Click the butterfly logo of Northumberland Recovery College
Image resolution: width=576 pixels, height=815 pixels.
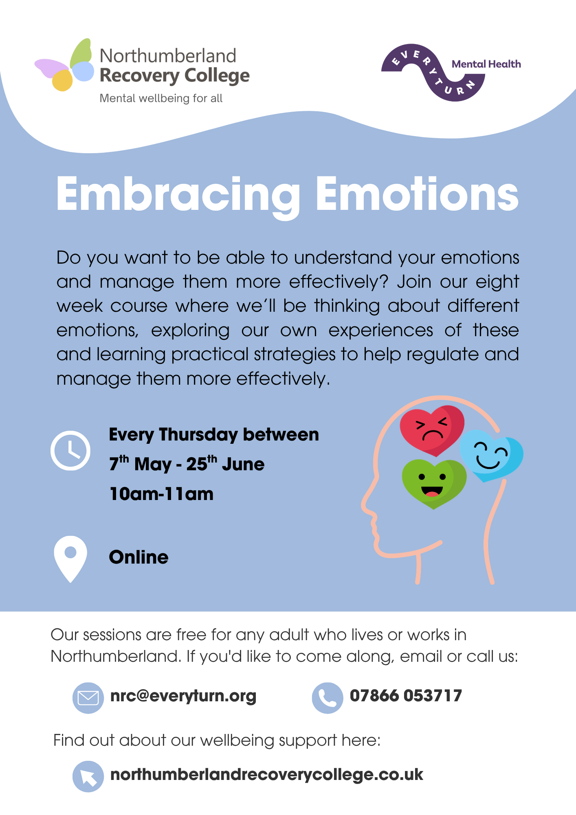coord(65,65)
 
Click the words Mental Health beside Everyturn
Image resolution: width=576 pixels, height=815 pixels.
coord(486,64)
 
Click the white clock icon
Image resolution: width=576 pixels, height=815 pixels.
coord(70,450)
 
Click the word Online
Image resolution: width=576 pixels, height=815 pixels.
coord(139,557)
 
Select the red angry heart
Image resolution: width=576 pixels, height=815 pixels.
coord(432,430)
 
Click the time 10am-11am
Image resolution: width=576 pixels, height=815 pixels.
coord(161,494)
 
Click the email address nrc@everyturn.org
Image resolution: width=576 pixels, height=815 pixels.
coord(183,696)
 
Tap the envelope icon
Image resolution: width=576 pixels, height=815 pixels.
coord(88,698)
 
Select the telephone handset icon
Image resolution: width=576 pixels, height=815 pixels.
coord(328,698)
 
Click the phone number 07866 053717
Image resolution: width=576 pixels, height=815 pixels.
coord(406,696)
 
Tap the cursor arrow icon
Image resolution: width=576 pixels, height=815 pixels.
coord(88,776)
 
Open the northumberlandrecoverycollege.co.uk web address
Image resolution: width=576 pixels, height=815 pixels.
coord(267,774)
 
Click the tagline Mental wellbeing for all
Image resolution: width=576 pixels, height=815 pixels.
coord(161,98)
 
